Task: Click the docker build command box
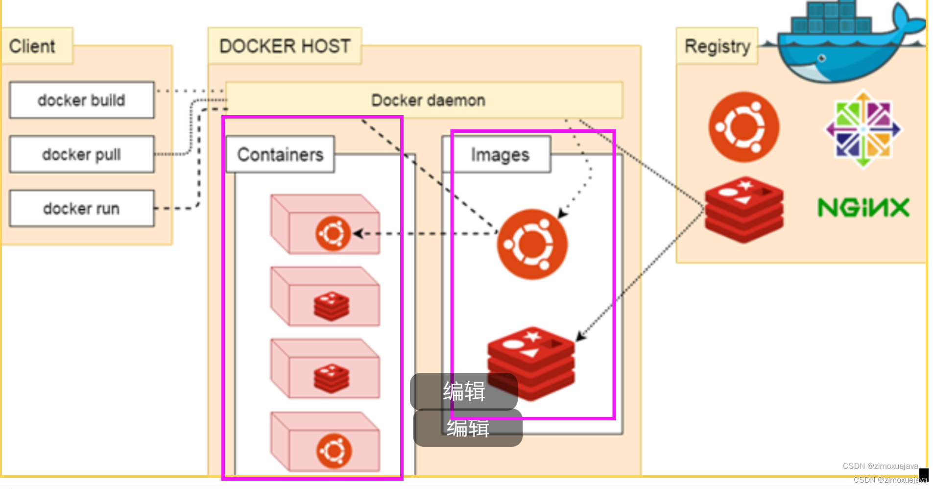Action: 82,100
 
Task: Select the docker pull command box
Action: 82,154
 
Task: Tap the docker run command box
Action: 82,208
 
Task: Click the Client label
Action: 32,46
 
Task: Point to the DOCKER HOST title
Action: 285,46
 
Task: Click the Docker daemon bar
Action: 424,100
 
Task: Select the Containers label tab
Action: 280,154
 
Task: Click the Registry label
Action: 717,46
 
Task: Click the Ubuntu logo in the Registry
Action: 744,127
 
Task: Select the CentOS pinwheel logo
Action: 863,129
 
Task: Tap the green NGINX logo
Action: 863,207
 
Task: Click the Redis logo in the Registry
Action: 744,210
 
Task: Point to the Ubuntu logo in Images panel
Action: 532,244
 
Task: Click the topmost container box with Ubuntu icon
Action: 325,224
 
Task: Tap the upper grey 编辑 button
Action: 464,391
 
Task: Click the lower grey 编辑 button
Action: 468,428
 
